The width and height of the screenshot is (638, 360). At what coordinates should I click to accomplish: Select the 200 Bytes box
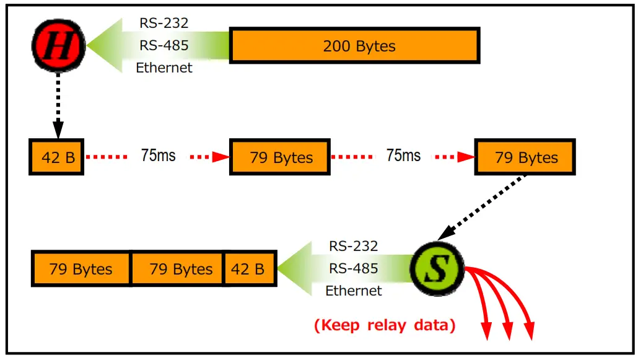point(355,45)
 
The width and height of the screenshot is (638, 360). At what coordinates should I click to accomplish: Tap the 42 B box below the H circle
point(57,157)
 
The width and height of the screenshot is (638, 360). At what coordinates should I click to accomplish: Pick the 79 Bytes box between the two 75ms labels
point(281,157)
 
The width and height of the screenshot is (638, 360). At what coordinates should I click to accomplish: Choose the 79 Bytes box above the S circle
point(525,157)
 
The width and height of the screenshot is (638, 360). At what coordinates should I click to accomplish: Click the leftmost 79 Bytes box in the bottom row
point(81,269)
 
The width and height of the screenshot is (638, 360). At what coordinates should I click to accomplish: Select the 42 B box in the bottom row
point(248,269)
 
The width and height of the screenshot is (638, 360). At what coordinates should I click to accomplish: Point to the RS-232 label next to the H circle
point(164,24)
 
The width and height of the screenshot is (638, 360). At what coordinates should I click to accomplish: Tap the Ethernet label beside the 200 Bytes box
point(164,68)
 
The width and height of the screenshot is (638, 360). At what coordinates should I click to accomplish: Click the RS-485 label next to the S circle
point(353,268)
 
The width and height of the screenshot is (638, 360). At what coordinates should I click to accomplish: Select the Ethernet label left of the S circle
point(354,290)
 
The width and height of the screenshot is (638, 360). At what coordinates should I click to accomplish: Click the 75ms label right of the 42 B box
point(158,156)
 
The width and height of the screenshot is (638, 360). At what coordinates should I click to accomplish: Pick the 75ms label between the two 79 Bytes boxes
point(403,156)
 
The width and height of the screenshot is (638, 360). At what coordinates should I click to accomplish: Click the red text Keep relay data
point(385,325)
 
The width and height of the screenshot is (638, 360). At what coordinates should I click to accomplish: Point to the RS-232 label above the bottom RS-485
point(353,246)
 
